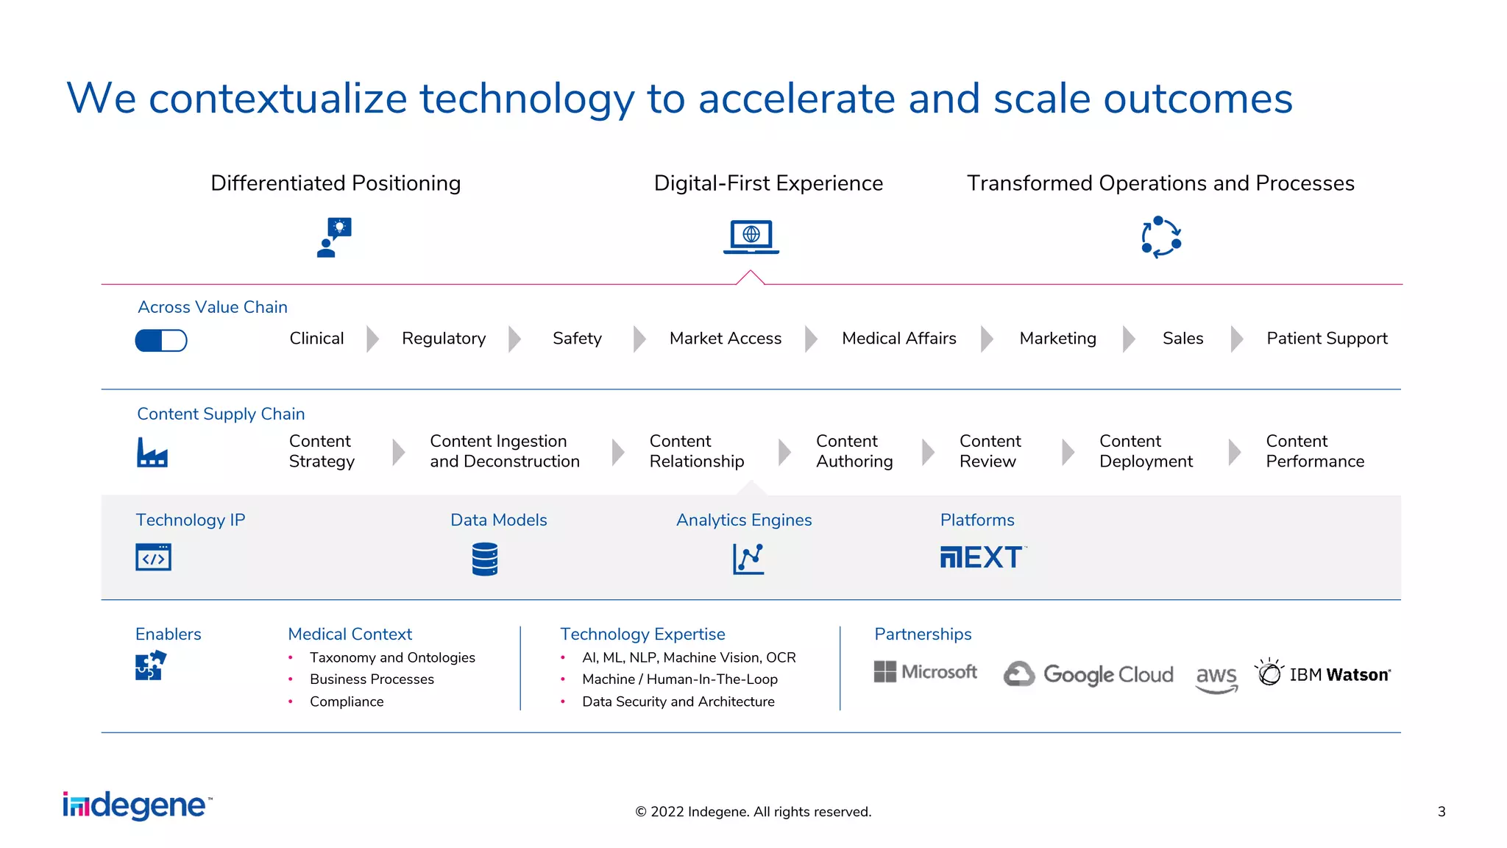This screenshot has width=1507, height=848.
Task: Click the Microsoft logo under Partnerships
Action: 925,672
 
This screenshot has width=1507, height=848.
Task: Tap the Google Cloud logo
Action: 1088,674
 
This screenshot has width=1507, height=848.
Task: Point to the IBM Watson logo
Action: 1323,674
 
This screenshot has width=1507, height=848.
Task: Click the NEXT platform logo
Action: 982,557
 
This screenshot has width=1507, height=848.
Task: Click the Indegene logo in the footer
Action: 137,806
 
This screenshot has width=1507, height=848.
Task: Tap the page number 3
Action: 1441,811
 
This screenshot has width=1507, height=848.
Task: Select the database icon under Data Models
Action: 485,559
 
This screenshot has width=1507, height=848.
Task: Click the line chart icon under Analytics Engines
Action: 748,559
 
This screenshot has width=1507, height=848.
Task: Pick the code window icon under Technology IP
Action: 153,557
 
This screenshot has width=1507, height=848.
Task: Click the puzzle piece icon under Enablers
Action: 150,665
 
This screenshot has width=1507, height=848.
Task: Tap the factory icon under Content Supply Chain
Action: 152,452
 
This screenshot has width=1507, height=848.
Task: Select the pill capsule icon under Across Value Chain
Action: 161,340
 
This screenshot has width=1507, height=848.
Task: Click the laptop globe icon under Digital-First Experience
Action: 751,237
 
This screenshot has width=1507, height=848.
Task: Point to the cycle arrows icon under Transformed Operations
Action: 1161,237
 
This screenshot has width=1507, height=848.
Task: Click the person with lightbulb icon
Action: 334,237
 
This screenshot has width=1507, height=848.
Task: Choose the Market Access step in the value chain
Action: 725,339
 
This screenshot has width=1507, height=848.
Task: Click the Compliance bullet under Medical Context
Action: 347,702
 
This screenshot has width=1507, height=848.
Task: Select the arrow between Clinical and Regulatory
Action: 372,339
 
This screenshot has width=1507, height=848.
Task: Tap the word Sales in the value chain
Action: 1182,339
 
